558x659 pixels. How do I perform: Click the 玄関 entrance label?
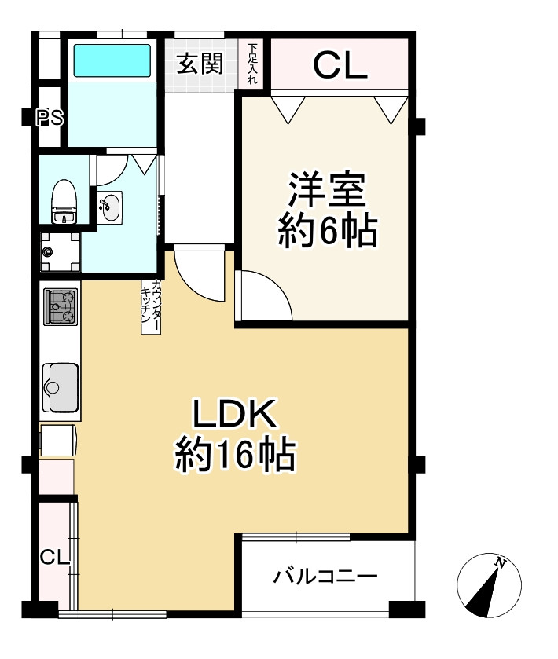pyautogui.click(x=200, y=64)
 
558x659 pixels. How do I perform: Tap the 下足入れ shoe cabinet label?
pyautogui.click(x=252, y=64)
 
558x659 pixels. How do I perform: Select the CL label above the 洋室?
pyautogui.click(x=340, y=66)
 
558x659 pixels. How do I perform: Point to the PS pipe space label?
pyautogui.click(x=51, y=118)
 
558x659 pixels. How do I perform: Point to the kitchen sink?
pyautogui.click(x=60, y=386)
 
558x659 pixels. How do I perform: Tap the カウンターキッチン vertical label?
pyautogui.click(x=151, y=306)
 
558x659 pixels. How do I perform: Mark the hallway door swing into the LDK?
pyautogui.click(x=200, y=275)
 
